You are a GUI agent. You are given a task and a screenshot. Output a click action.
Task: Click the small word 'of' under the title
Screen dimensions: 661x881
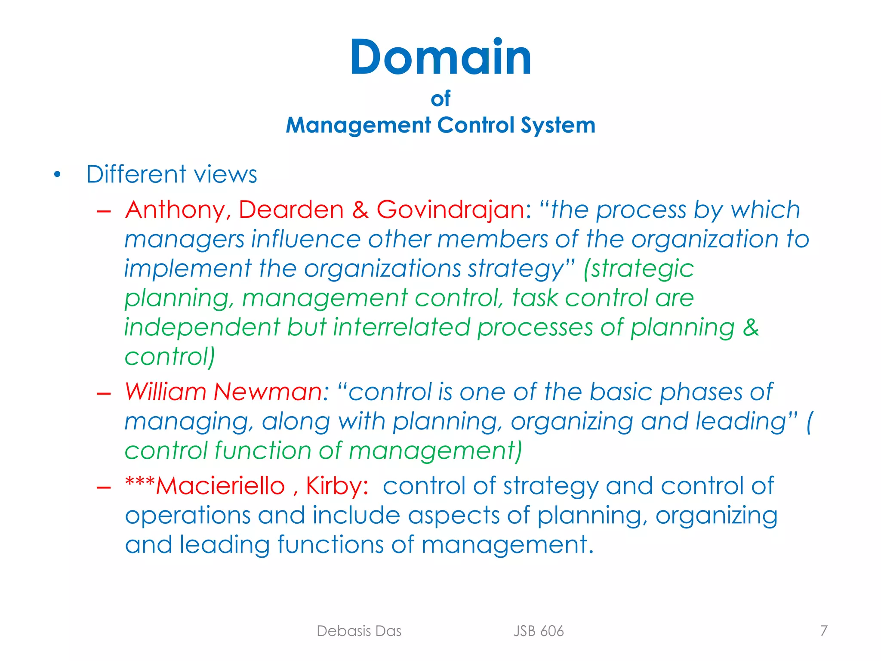[440, 99]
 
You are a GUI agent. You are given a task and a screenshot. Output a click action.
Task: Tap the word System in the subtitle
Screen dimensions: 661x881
[558, 126]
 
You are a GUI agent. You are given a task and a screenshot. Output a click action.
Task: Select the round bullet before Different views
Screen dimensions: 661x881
[57, 175]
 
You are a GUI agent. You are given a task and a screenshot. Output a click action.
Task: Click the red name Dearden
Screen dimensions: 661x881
[291, 210]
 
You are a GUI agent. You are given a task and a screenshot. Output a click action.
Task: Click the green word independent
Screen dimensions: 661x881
[202, 327]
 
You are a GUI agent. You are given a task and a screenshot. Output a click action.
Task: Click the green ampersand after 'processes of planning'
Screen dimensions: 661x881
[751, 327]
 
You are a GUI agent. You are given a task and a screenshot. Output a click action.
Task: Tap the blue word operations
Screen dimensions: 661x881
[188, 516]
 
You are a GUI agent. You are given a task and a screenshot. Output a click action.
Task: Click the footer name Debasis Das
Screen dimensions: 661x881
[359, 631]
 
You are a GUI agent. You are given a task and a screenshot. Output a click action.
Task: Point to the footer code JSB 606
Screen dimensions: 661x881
[538, 631]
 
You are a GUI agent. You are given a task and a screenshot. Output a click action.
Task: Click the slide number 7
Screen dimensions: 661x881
[823, 631]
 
